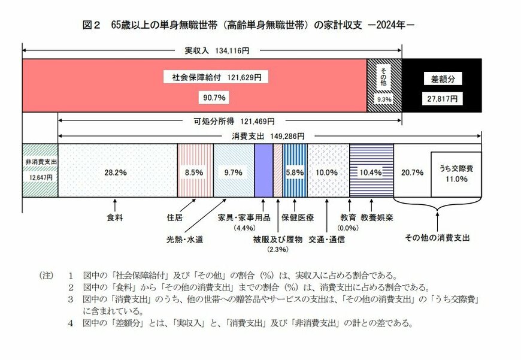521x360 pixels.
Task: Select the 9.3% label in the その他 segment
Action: (384, 99)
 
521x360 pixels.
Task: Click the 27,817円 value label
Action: (442, 98)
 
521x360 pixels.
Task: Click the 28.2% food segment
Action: (117, 171)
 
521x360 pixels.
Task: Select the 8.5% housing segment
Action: (195, 171)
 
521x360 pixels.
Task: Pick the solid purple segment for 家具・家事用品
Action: (263, 171)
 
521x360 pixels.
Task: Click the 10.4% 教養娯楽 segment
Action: (371, 172)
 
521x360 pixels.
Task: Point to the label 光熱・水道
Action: (185, 240)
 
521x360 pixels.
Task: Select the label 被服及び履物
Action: (277, 240)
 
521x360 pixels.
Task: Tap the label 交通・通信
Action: (327, 240)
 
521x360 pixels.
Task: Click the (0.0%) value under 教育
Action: (347, 228)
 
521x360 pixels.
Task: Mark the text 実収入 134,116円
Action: (213, 51)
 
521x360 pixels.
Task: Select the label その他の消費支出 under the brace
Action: (437, 237)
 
